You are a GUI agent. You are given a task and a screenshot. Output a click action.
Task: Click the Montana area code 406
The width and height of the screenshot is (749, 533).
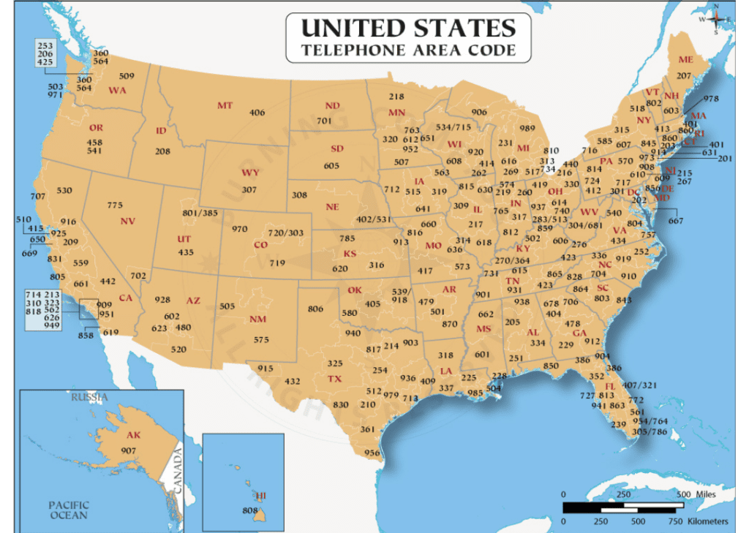[257, 113]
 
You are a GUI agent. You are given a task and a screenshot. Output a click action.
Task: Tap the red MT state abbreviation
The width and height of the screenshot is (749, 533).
[225, 105]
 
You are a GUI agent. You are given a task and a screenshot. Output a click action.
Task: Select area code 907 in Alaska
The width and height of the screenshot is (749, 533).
[129, 450]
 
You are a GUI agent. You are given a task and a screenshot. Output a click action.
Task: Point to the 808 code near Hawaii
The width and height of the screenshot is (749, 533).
[251, 510]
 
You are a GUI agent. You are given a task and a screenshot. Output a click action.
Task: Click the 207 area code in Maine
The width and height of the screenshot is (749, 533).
[683, 75]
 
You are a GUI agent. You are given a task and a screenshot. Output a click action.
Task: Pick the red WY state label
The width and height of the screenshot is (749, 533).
[250, 173]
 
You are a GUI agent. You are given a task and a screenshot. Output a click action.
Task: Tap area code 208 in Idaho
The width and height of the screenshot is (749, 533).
[162, 151]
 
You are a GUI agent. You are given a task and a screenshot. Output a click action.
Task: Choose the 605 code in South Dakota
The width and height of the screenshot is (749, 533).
[331, 166]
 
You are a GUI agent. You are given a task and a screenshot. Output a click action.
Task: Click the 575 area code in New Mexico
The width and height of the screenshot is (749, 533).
[261, 339]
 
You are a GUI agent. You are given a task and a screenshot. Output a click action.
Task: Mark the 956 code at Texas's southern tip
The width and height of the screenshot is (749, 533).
[372, 453]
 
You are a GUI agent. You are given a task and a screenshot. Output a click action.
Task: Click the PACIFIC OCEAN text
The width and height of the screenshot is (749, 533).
[68, 510]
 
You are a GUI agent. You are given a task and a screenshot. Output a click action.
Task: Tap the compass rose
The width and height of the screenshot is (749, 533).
[716, 19]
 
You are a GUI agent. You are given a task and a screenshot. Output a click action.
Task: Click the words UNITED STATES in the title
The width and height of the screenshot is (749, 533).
[409, 29]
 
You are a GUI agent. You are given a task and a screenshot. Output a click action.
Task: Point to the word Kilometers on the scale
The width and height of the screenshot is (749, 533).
[708, 521]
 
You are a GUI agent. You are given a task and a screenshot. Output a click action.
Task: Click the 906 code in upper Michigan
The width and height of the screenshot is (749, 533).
[479, 112]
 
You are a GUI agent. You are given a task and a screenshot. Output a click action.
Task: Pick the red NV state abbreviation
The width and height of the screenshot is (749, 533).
[128, 221]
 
